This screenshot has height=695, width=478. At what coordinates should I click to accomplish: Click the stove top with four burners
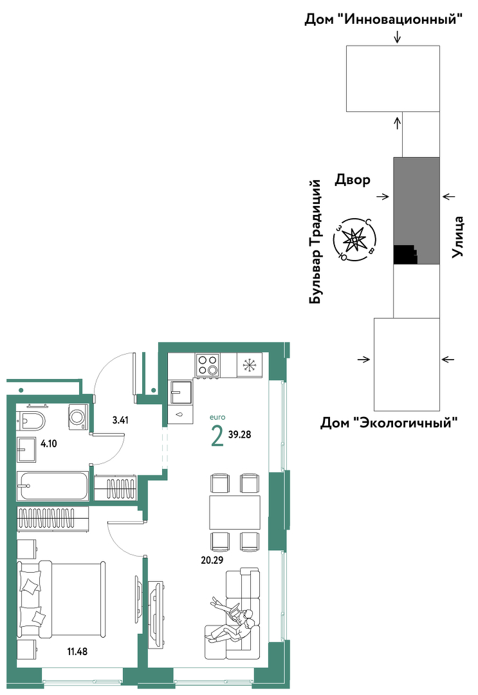(207, 366)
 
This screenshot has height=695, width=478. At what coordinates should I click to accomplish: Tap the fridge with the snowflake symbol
(250, 366)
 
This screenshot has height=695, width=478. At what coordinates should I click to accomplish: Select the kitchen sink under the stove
(181, 393)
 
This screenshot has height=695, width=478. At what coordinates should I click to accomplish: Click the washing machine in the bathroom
(78, 416)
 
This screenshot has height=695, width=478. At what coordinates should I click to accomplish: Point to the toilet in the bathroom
(31, 420)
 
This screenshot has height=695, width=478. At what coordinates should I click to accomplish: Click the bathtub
(53, 486)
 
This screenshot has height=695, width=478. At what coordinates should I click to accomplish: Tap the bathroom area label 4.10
(49, 443)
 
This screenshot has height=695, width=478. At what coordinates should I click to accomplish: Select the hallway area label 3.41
(120, 420)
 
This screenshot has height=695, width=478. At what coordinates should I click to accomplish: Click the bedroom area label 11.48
(77, 651)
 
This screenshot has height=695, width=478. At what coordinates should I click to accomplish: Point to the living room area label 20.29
(212, 560)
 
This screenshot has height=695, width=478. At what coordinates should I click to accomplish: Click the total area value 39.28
(240, 434)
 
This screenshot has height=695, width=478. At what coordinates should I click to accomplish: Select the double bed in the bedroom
(61, 600)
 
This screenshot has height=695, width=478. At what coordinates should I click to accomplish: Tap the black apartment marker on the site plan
(405, 255)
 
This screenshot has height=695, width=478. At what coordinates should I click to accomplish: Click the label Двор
(352, 180)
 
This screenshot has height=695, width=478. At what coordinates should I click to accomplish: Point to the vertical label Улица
(457, 237)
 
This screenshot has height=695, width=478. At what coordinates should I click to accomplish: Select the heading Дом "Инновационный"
(383, 19)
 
